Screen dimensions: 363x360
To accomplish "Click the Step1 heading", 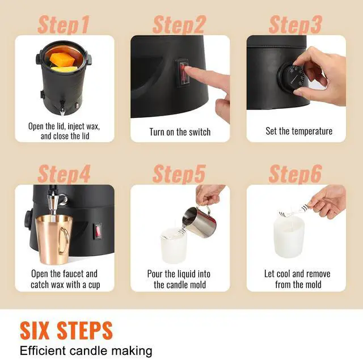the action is click(64, 25).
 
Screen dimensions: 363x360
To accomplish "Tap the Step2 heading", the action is click(179, 25).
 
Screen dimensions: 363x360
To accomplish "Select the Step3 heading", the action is click(296, 25).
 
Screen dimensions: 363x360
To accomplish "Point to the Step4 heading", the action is click(64, 173).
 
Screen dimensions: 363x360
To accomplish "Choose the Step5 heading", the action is click(179, 173).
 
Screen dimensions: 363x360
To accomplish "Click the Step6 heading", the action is click(296, 173).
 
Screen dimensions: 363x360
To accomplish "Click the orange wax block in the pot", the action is click(62, 59).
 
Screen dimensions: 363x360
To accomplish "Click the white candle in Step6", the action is click(289, 238).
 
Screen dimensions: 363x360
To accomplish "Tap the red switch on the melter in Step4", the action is click(98, 231).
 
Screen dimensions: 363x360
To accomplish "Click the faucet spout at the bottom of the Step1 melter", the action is click(62, 107).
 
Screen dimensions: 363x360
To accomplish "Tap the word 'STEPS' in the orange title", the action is click(85, 331).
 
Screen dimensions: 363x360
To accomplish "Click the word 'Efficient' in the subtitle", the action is click(43, 350).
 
